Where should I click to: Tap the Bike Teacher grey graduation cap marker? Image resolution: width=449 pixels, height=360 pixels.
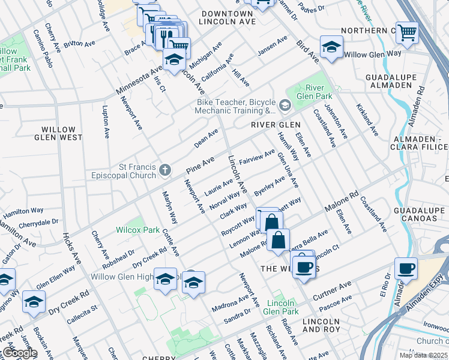point(284,106)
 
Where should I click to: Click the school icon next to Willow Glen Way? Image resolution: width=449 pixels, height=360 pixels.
point(330,47)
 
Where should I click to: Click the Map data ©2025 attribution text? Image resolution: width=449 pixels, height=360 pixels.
point(423,355)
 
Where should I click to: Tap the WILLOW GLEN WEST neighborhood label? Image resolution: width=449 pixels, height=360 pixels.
point(62,134)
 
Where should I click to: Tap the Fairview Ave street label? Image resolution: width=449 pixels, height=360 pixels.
point(257,158)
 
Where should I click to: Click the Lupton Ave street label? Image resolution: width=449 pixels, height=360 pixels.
point(106,122)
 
